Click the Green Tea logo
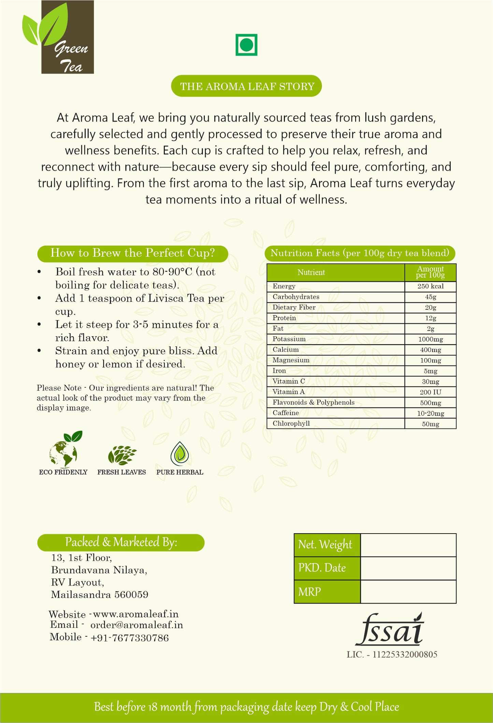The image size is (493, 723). (58, 38)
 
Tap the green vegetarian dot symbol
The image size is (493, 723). (246, 45)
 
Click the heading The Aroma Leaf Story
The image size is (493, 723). (246, 86)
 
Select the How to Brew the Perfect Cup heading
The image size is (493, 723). (132, 253)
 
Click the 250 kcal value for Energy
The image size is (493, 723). (430, 286)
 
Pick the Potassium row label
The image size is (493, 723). (289, 339)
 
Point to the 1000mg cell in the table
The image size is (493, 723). (430, 339)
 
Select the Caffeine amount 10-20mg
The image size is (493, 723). (430, 413)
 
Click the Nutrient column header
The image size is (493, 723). (311, 272)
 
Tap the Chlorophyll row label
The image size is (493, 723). (291, 424)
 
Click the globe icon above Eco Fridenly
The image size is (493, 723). (64, 450)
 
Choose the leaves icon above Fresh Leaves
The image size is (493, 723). (122, 455)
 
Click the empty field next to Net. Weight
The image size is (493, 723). (408, 545)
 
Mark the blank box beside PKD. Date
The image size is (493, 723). (408, 568)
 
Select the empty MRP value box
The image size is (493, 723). (408, 592)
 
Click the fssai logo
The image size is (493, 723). (390, 630)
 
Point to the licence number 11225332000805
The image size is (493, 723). (405, 654)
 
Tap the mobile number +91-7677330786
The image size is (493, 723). (130, 638)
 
